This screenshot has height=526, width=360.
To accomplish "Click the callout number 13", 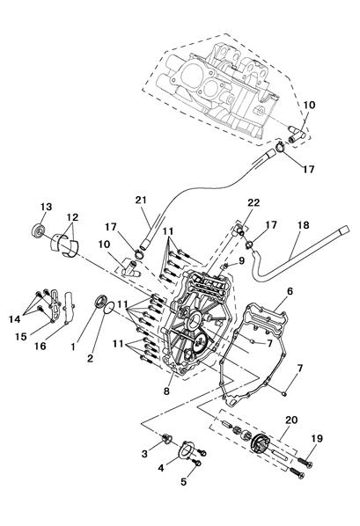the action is point(47,207).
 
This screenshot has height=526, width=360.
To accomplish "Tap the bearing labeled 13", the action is point(39,230).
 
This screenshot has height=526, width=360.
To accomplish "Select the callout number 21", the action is point(142,200).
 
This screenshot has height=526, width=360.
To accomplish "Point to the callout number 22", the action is point(253,202).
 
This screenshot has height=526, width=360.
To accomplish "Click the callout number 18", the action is point(304,225).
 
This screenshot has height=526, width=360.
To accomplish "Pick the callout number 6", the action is point(290,291).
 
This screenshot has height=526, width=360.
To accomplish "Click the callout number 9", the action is point(242,260).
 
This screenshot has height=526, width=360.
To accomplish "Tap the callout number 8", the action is point(167,391).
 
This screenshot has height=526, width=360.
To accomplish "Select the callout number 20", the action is point(291,420).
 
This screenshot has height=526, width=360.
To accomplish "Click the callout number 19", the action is point(317,438).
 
